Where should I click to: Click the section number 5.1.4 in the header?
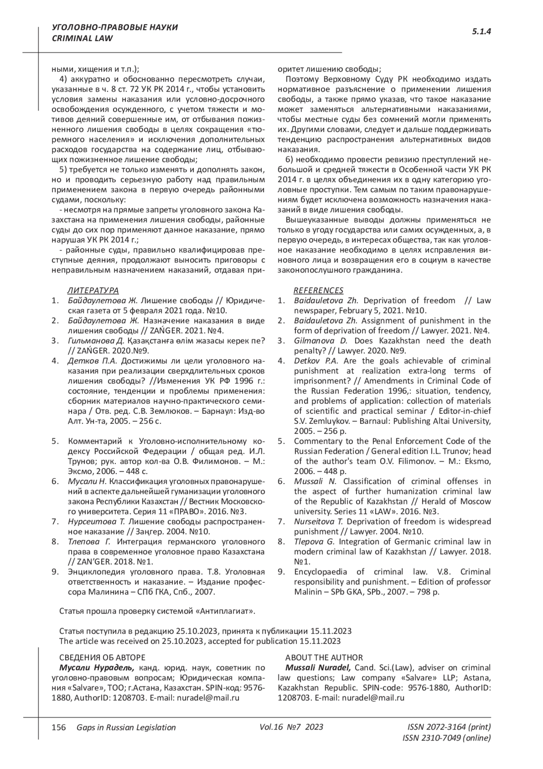(481, 31)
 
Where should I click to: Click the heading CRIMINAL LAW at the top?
(82, 39)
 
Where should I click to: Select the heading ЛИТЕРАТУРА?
(93, 290)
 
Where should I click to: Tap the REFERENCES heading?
(319, 290)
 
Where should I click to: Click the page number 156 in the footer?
(59, 727)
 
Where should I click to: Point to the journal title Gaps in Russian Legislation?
(126, 727)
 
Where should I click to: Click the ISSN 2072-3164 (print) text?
(449, 727)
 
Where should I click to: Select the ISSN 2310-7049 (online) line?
(446, 738)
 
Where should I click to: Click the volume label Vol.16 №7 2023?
(291, 727)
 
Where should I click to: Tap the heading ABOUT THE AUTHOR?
(324, 658)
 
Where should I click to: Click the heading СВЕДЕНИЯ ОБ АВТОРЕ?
(102, 658)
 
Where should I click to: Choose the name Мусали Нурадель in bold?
(96, 667)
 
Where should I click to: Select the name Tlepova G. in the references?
(314, 542)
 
